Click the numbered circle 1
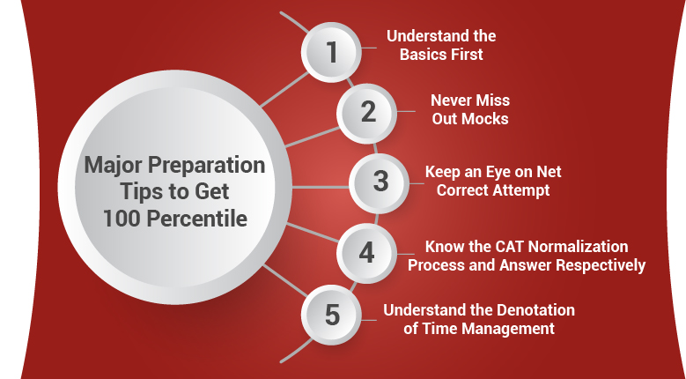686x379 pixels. [x=332, y=52]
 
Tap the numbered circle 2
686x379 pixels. [x=367, y=113]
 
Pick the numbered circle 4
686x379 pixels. [x=367, y=253]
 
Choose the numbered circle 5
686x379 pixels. [x=332, y=315]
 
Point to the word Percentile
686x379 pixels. [x=197, y=219]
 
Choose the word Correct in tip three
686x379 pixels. [x=463, y=190]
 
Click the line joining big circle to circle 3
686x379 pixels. [x=321, y=188]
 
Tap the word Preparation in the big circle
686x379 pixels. [x=206, y=167]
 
